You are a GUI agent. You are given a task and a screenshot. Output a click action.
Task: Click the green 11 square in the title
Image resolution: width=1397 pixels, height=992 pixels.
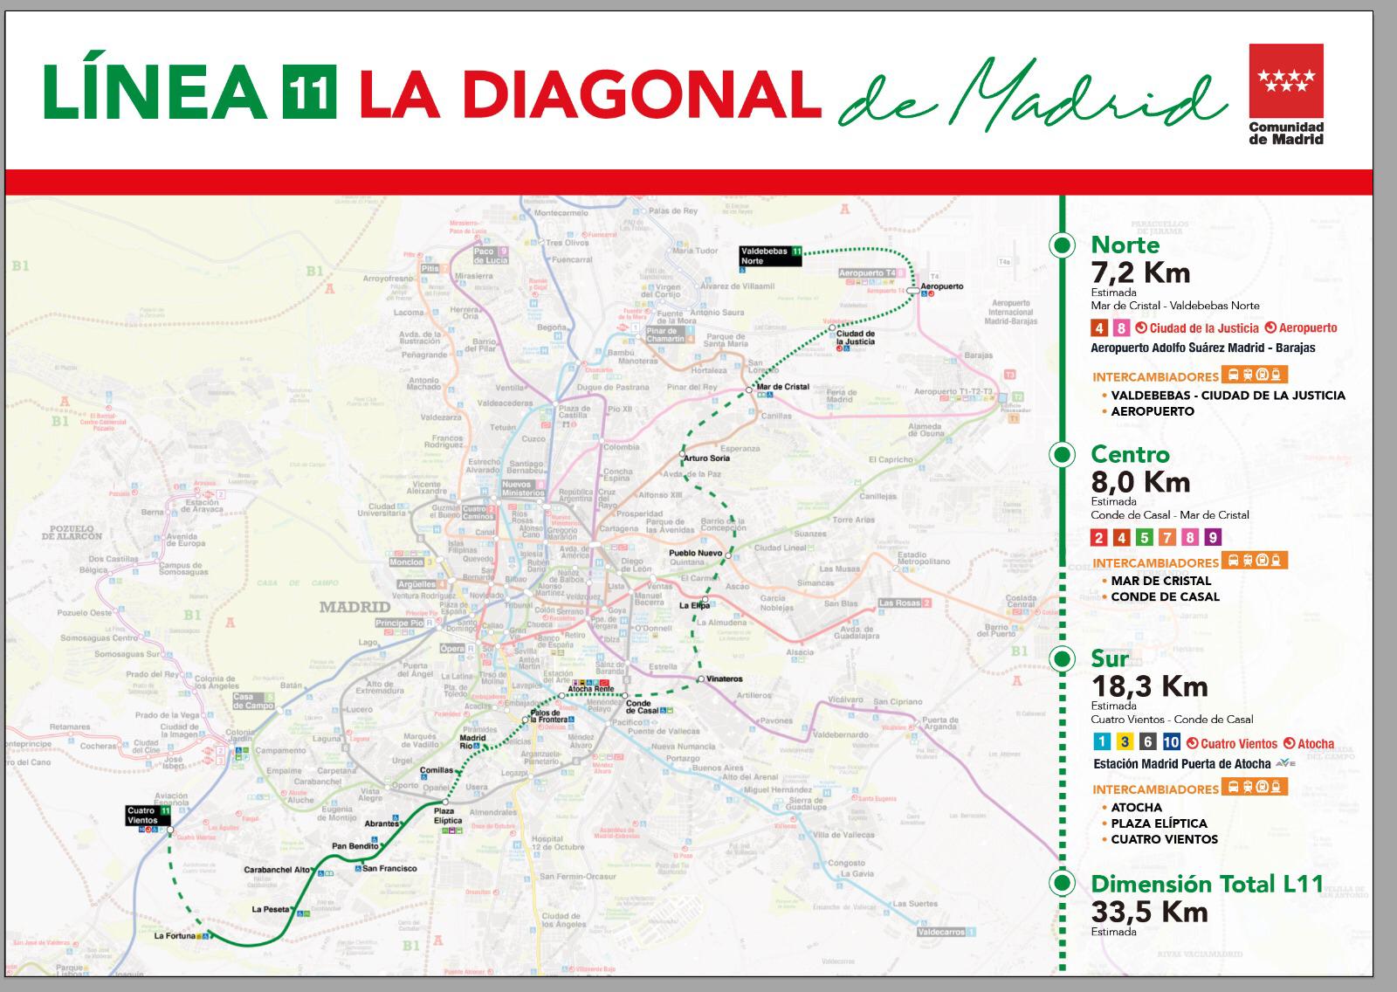(309, 93)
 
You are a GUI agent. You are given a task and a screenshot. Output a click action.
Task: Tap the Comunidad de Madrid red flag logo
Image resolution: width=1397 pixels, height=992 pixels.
(1285, 80)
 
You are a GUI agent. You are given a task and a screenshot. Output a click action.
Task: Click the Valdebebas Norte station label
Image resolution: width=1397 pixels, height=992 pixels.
(765, 255)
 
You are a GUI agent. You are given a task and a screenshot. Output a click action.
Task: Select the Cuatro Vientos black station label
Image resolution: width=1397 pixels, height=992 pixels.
(143, 816)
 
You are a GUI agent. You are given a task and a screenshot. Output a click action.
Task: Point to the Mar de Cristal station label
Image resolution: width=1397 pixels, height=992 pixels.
(782, 386)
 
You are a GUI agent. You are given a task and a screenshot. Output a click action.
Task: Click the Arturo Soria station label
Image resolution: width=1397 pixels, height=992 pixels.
(707, 458)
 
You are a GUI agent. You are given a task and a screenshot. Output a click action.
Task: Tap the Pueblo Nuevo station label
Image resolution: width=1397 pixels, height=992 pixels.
(695, 553)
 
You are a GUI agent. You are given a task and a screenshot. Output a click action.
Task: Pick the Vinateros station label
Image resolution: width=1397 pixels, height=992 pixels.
(725, 679)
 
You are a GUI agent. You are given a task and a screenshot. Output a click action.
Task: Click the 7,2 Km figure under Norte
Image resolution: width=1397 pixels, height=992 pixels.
(1140, 272)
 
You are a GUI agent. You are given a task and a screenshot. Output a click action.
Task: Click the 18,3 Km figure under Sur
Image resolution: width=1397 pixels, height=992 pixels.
(1149, 686)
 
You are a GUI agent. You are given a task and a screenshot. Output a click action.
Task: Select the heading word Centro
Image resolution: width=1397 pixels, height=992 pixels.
(1130, 454)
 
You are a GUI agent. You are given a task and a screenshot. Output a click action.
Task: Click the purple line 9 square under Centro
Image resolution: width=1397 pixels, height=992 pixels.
(1212, 538)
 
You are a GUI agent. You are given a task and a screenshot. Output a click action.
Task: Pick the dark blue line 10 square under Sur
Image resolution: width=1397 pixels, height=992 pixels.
(1171, 742)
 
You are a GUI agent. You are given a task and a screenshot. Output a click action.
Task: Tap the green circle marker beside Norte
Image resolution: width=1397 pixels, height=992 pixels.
(1062, 245)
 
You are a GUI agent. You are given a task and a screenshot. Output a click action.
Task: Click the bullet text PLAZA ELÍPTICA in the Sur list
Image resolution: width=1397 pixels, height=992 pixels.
(1159, 823)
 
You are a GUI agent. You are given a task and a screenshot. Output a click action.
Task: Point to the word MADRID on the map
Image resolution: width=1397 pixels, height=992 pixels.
(354, 606)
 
